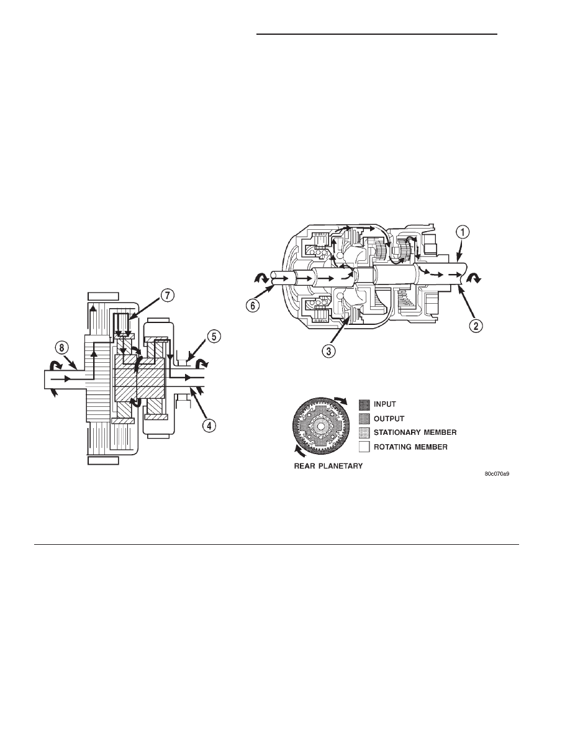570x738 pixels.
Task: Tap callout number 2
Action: click(x=476, y=326)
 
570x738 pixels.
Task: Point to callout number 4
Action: click(x=209, y=426)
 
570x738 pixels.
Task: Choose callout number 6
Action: click(x=253, y=305)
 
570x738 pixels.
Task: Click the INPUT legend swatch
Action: click(x=364, y=404)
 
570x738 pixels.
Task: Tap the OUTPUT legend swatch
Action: click(x=364, y=419)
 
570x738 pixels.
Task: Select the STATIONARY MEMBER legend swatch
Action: click(x=364, y=432)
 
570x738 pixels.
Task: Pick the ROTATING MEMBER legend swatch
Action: click(x=364, y=447)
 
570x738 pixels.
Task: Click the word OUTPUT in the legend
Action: click(x=389, y=419)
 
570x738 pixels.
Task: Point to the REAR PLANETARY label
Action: click(x=328, y=466)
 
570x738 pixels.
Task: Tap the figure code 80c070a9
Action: click(x=497, y=474)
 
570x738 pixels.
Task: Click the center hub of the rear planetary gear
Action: click(x=320, y=426)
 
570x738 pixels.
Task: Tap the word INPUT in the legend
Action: click(x=385, y=404)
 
